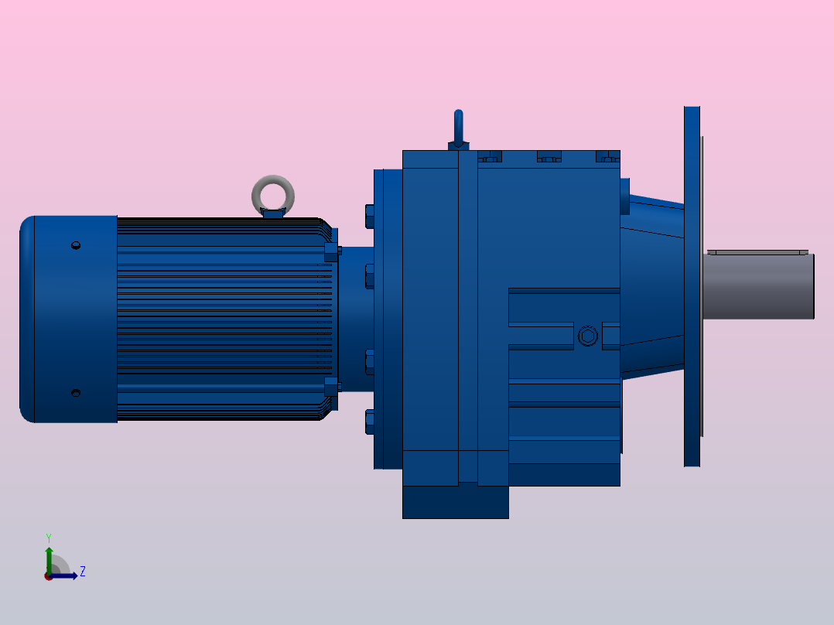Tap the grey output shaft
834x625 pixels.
click(758, 286)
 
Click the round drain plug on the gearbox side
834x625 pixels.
click(588, 336)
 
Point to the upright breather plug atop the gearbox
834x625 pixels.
click(458, 128)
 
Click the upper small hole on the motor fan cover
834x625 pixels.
click(76, 246)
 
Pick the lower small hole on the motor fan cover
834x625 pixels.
click(76, 393)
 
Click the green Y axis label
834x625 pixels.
click(48, 537)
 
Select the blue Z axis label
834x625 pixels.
click(82, 572)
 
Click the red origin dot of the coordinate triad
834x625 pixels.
click(49, 576)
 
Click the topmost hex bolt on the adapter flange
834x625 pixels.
click(369, 216)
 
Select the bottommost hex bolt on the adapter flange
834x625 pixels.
click(369, 421)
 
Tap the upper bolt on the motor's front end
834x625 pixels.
click(332, 251)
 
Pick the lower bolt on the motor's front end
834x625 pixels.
click(332, 386)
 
